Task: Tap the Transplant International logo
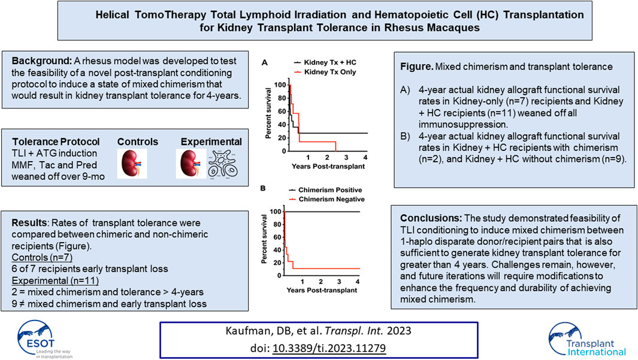pyautogui.click(x=587, y=340)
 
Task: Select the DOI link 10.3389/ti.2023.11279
pyautogui.click(x=329, y=348)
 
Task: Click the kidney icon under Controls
pyautogui.click(x=132, y=164)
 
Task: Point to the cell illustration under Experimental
pyautogui.click(x=223, y=164)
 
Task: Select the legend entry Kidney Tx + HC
pyautogui.click(x=325, y=62)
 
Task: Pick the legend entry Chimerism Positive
pyautogui.click(x=325, y=190)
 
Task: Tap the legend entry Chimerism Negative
pyautogui.click(x=326, y=199)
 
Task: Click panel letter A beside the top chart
pyautogui.click(x=264, y=63)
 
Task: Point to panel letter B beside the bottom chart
pyautogui.click(x=263, y=188)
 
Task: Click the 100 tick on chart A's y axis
pyautogui.click(x=280, y=85)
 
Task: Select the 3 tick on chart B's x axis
pyautogui.click(x=339, y=282)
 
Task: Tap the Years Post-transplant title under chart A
pyautogui.click(x=328, y=167)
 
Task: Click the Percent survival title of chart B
pyautogui.click(x=264, y=239)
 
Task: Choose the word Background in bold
pyautogui.click(x=41, y=61)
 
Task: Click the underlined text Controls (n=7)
pyautogui.click(x=42, y=258)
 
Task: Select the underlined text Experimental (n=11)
pyautogui.click(x=55, y=281)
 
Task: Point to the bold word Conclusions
pyautogui.click(x=431, y=218)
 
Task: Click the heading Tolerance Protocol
pyautogui.click(x=56, y=141)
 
